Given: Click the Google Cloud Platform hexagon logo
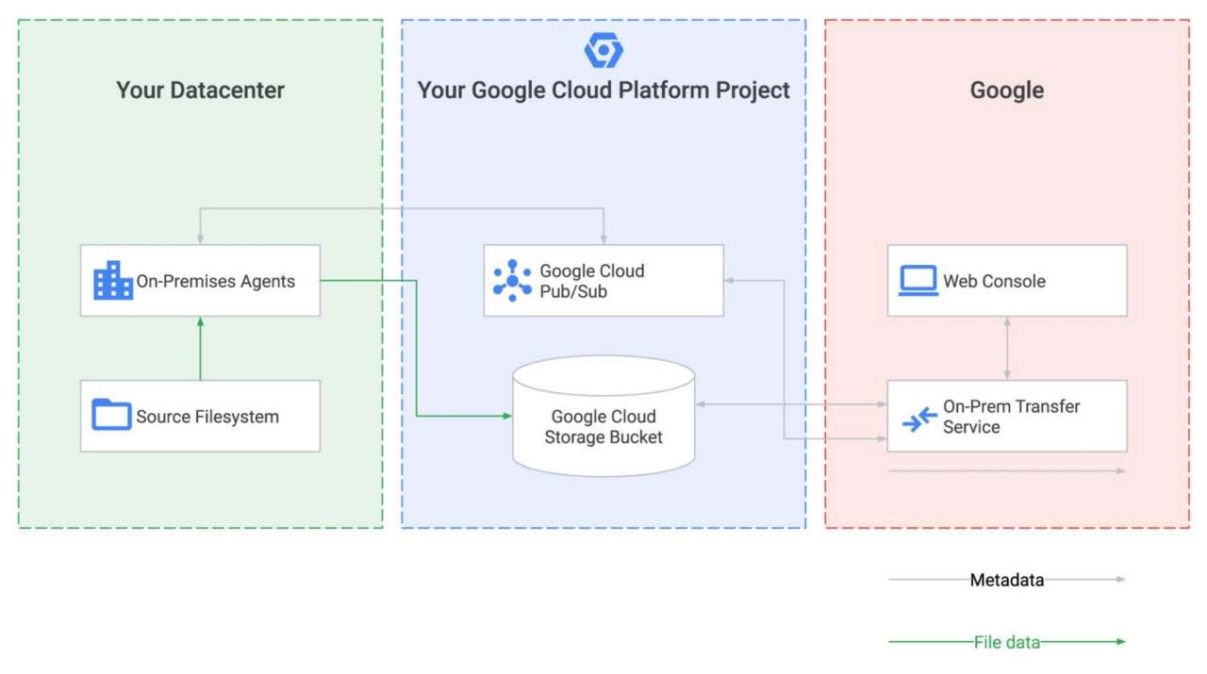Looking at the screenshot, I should pyautogui.click(x=603, y=50).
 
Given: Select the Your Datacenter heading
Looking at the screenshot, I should pyautogui.click(x=200, y=90).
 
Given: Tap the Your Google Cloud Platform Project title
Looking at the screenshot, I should pyautogui.click(x=603, y=90).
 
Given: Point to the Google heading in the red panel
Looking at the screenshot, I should pyautogui.click(x=1006, y=90).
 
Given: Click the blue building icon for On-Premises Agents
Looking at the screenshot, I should pyautogui.click(x=113, y=281).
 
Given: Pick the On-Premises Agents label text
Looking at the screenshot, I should pyautogui.click(x=215, y=281).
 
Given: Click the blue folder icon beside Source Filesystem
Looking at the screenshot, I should pyautogui.click(x=111, y=415).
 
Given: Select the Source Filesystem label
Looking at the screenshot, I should pyautogui.click(x=207, y=417).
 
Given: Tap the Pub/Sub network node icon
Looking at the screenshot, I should pyautogui.click(x=512, y=281).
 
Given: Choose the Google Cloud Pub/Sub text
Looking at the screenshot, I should pyautogui.click(x=591, y=281).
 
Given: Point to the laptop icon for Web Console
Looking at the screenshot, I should pyautogui.click(x=918, y=281).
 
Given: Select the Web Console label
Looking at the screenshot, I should pyautogui.click(x=994, y=281).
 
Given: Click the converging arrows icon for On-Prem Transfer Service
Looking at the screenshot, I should pyautogui.click(x=919, y=418).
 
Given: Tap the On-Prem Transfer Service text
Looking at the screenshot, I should pyautogui.click(x=1011, y=417).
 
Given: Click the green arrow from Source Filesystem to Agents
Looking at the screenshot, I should pyautogui.click(x=200, y=349).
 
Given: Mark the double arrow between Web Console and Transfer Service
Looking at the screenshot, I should pyautogui.click(x=1007, y=348).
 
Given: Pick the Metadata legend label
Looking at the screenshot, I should pyautogui.click(x=1007, y=581).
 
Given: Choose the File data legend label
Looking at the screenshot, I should pyautogui.click(x=1007, y=643).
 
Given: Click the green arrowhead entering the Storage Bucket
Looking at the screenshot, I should pyautogui.click(x=507, y=415).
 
